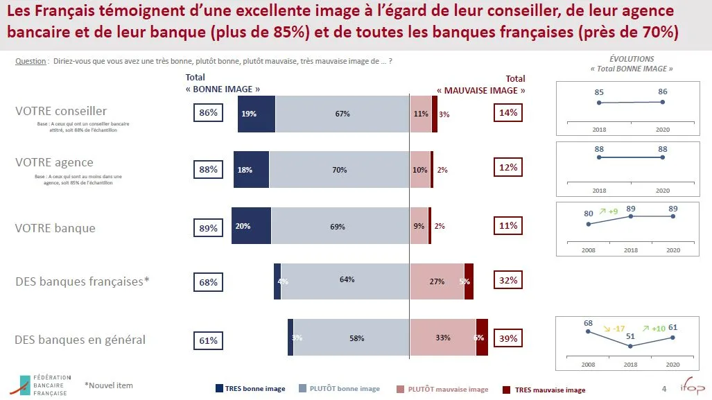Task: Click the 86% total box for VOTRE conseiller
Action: click(209, 113)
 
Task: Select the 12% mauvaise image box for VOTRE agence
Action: click(508, 168)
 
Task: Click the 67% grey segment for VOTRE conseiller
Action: click(342, 114)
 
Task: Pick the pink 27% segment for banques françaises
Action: click(437, 281)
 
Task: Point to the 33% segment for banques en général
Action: click(442, 338)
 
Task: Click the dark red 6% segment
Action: click(482, 338)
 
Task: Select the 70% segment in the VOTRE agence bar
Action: click(339, 170)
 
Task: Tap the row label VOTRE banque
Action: click(55, 228)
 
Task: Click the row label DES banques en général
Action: click(80, 340)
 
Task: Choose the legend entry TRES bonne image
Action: click(250, 389)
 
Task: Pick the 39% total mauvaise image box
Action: click(508, 338)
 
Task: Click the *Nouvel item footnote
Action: click(108, 385)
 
